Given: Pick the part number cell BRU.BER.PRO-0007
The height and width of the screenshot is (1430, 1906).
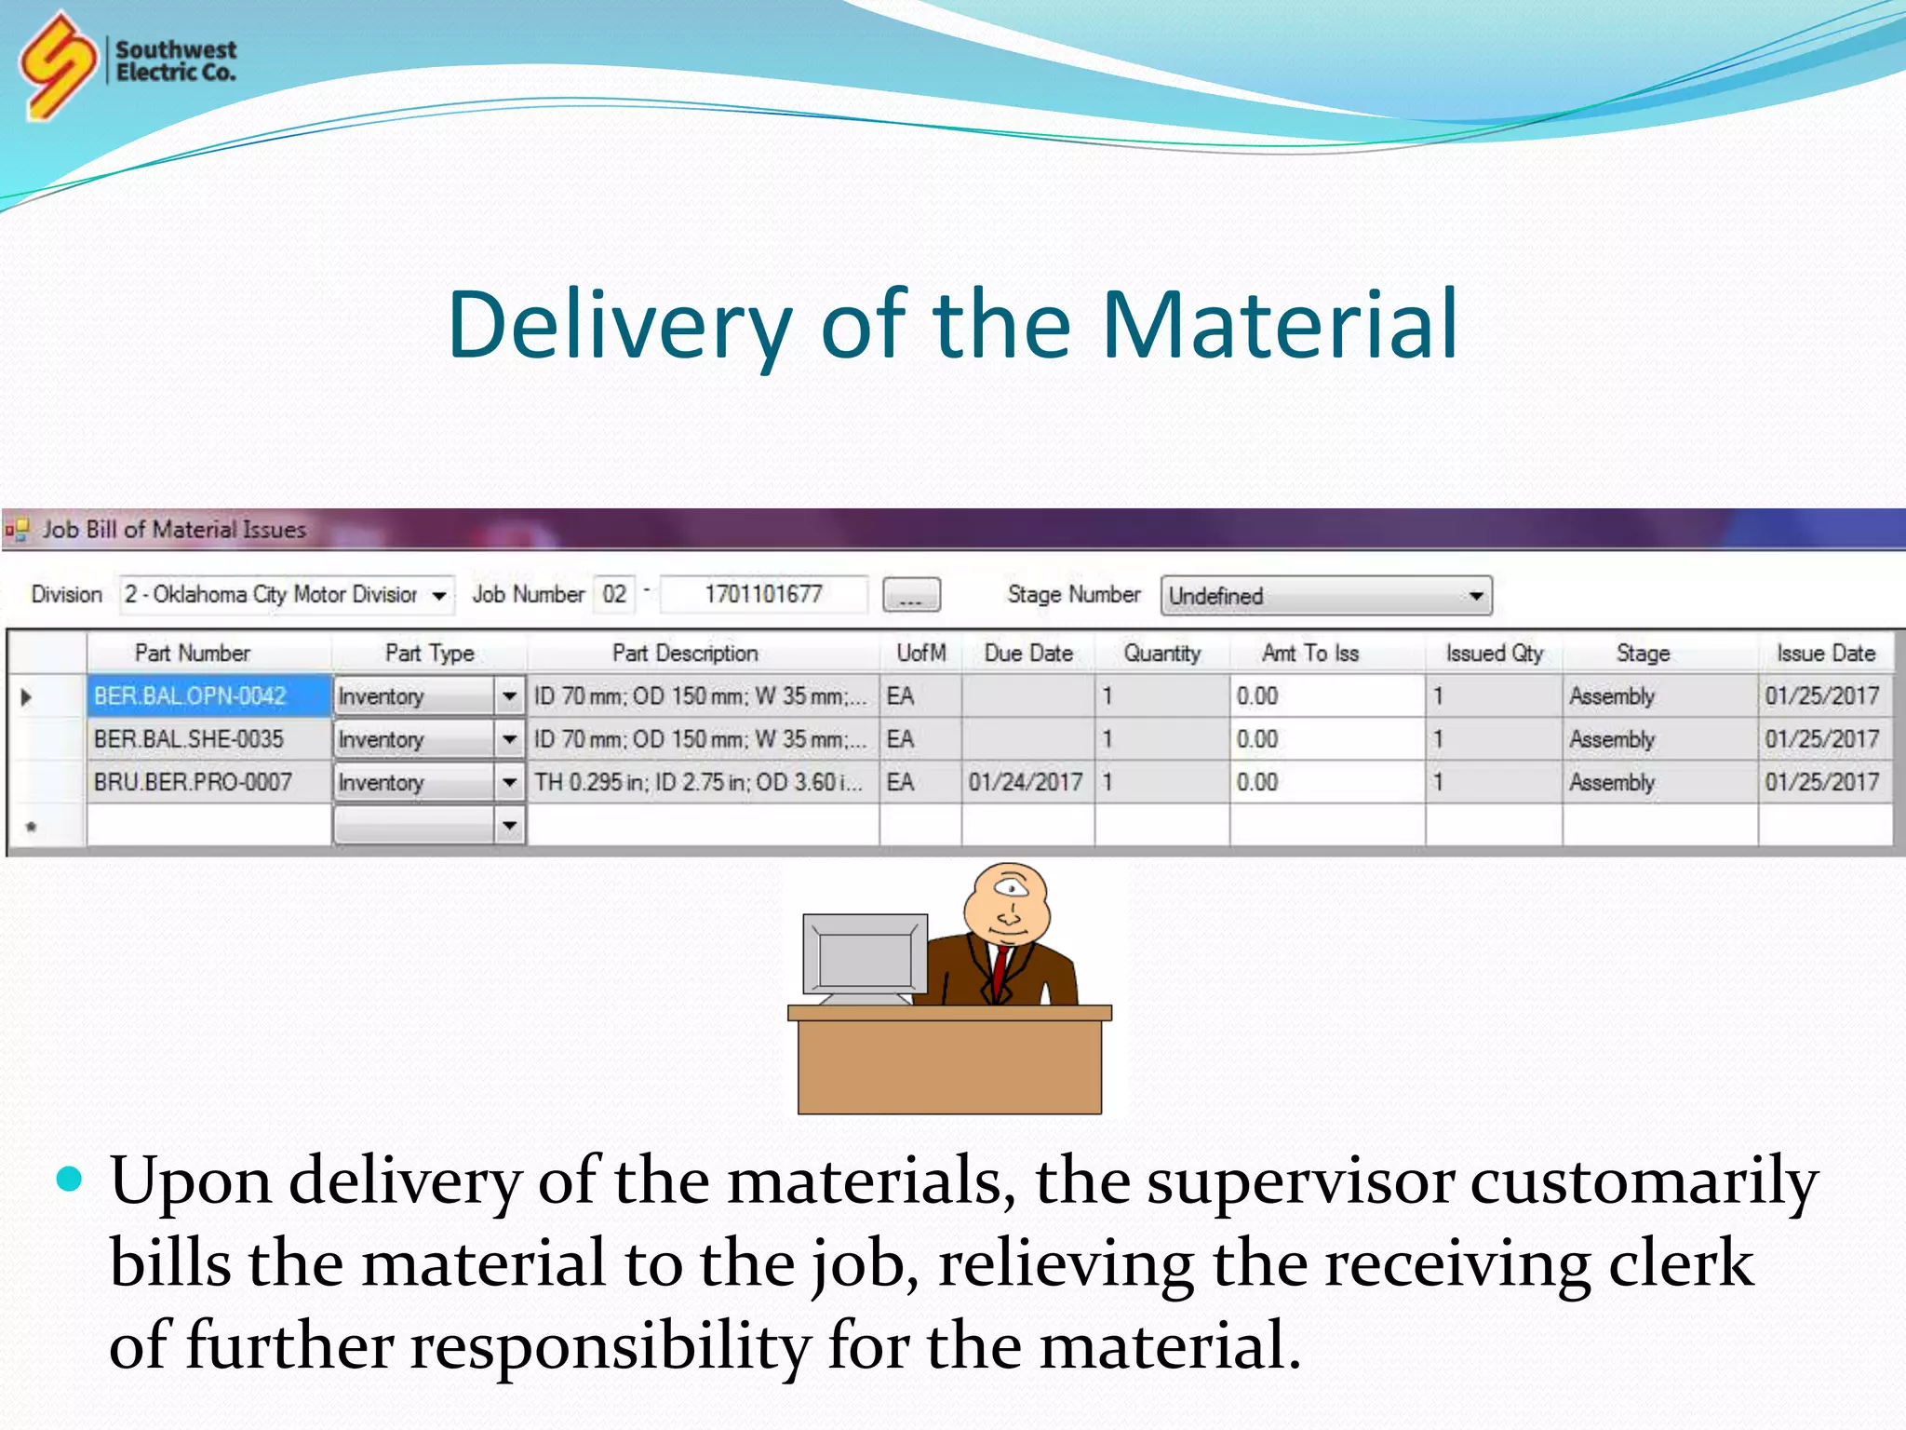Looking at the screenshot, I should coord(194,782).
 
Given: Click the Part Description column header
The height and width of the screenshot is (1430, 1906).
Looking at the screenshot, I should coord(685,654).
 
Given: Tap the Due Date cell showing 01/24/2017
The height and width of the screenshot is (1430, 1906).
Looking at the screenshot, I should coord(1026,782).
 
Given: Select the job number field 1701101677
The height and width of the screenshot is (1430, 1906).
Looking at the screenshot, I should coord(763,595).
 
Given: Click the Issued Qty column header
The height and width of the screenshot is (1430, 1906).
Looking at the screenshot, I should coord(1494,654).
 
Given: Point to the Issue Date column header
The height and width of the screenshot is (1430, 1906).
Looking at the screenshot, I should coord(1825,654).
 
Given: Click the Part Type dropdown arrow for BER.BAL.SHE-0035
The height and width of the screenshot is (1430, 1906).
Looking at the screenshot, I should coord(509,740).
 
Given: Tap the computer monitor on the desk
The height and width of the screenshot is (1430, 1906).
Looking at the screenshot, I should coord(866,954).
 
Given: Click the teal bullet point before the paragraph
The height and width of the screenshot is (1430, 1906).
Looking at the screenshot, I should coord(70,1180).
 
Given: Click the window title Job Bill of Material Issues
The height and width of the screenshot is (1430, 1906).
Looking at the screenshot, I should coord(174,530).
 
